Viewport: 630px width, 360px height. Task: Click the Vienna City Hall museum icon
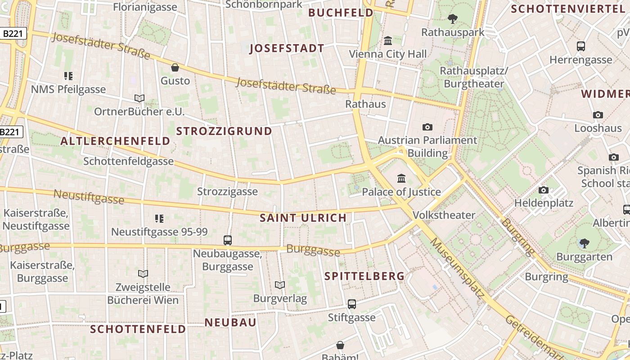[388, 41]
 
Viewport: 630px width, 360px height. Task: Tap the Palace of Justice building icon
[401, 178]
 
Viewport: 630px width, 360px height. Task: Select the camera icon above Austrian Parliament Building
[427, 127]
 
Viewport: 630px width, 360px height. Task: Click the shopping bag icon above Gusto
[175, 67]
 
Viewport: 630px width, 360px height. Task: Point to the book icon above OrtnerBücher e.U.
[139, 98]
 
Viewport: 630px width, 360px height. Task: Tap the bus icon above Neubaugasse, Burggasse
[228, 240]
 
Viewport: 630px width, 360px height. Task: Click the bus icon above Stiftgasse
[352, 304]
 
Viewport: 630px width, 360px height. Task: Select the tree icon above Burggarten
[584, 243]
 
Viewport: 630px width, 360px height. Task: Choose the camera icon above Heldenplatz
[544, 190]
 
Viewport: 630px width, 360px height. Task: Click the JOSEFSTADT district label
[287, 49]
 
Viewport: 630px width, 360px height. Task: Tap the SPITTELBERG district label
[364, 276]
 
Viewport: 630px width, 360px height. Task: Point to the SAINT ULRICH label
[303, 218]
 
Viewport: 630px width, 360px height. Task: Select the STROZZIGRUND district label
[224, 131]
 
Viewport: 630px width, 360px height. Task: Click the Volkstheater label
[444, 215]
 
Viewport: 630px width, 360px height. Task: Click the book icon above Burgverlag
[280, 285]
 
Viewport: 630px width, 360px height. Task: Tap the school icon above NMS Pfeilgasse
[68, 76]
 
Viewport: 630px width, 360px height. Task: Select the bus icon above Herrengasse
[581, 46]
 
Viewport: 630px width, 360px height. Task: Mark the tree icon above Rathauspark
[453, 19]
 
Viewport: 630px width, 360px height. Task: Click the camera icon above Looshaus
[598, 115]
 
